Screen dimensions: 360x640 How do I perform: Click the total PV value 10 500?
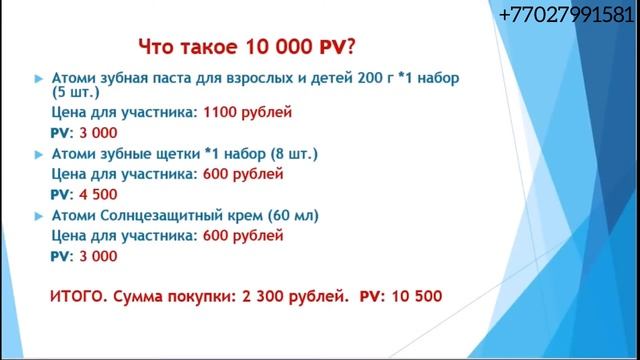(409, 297)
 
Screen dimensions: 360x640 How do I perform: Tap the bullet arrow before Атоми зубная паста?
(38, 78)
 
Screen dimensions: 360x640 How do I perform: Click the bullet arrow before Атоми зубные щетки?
(38, 155)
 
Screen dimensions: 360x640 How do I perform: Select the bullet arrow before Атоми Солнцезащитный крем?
(38, 216)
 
